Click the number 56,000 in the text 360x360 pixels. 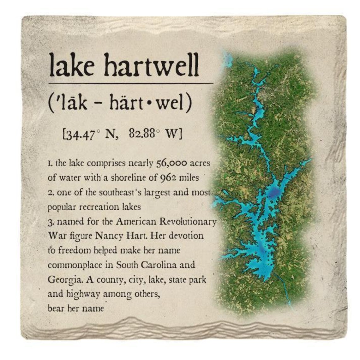tap(172, 163)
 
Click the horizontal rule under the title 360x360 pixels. tap(131, 83)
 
